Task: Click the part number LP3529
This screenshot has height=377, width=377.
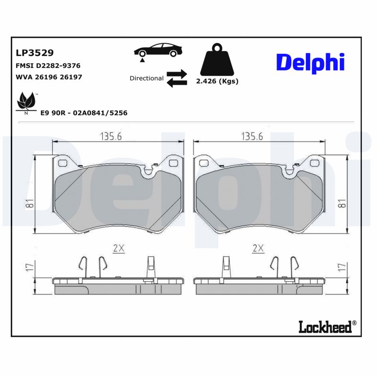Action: point(34,53)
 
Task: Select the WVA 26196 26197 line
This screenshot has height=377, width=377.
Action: point(49,76)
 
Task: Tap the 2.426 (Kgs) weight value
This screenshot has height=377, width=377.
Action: point(217,81)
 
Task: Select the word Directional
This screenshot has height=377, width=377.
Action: point(147,78)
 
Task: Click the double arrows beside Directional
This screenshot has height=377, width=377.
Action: point(177,78)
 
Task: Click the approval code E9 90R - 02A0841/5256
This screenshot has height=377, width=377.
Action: point(84,113)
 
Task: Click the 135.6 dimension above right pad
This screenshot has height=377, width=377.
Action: point(253,136)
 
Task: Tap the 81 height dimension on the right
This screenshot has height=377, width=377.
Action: point(342,204)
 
